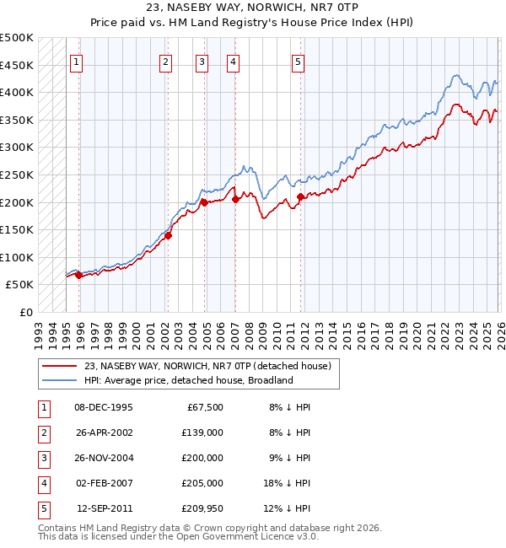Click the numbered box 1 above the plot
point(77,61)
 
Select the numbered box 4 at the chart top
point(232,61)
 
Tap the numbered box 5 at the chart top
point(299,61)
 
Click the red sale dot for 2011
point(300,197)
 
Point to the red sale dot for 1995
point(78,275)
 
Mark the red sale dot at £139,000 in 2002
point(168,236)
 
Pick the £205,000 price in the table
point(202,483)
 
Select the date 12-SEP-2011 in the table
point(105,508)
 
